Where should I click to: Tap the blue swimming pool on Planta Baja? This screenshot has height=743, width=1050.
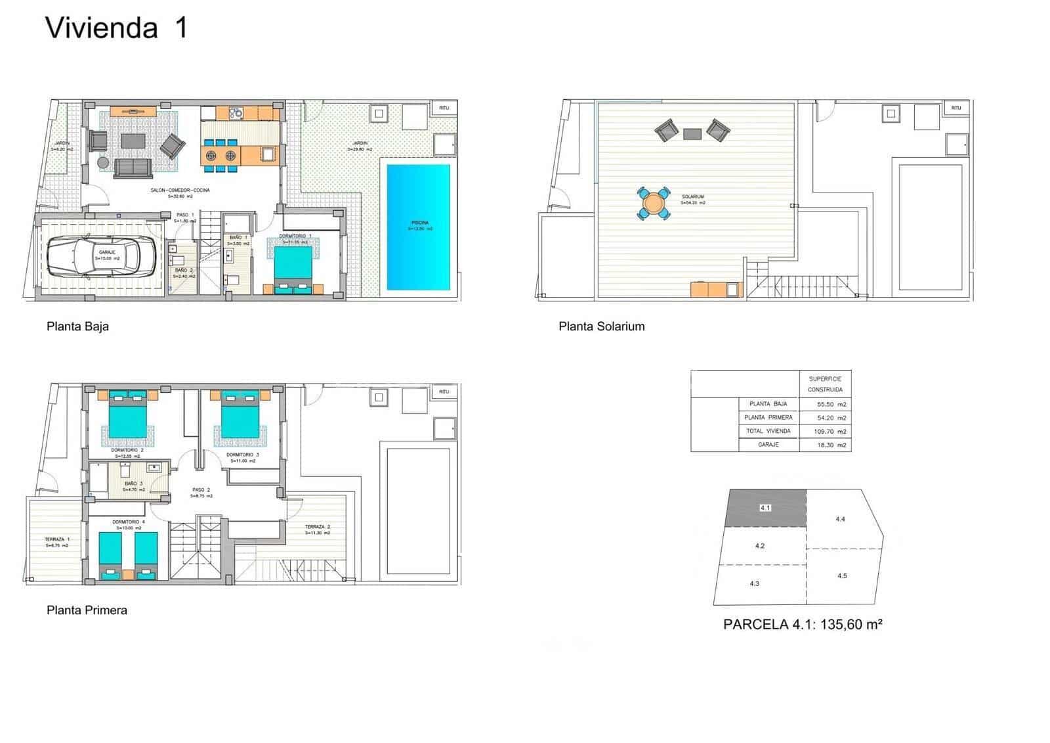point(419,227)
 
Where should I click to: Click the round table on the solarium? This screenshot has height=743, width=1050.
point(654,203)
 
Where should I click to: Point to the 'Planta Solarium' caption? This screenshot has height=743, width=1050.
point(601,326)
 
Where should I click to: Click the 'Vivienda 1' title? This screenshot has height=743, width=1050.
point(116,28)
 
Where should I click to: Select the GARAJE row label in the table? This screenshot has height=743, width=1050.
point(768,445)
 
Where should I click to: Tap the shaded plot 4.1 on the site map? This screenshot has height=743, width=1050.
point(766,508)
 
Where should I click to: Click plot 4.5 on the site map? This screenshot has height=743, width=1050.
point(842,575)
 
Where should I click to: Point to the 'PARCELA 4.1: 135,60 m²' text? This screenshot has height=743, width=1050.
point(802,625)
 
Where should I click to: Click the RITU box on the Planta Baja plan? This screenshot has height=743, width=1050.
point(444,108)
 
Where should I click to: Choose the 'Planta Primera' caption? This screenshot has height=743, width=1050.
point(87,610)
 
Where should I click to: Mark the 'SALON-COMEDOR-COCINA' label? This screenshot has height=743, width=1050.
point(180,191)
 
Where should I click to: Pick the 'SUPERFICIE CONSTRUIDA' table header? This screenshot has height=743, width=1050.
point(825,384)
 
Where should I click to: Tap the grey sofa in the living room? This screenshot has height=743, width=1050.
point(134,168)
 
